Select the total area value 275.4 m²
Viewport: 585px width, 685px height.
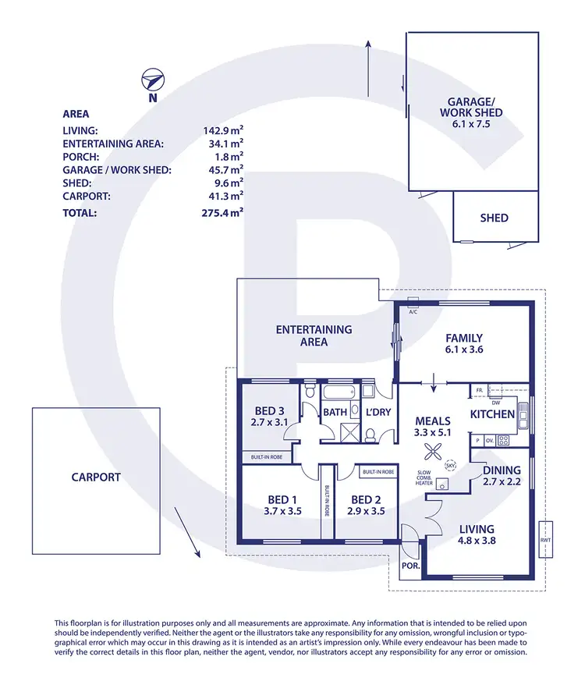point(222,211)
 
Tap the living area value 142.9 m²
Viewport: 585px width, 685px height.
point(222,131)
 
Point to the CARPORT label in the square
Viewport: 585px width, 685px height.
point(96,477)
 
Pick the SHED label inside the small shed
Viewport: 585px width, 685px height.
point(495,218)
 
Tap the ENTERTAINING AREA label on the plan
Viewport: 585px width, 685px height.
point(314,335)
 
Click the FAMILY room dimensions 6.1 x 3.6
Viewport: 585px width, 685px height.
point(464,351)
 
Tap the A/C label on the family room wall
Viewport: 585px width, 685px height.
point(413,312)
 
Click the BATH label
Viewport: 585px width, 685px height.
point(335,412)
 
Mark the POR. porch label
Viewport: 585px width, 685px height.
point(408,566)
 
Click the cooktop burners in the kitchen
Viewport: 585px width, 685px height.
point(503,440)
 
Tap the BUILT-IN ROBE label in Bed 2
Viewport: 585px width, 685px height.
point(378,472)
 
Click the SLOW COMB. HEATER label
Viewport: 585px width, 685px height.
point(424,478)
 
